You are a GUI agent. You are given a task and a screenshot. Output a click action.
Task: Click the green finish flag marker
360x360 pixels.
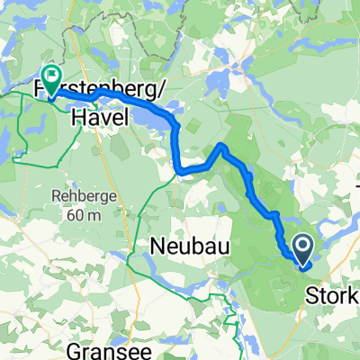coord(50,79)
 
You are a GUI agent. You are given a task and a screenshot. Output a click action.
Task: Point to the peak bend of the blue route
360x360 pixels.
coord(221,146)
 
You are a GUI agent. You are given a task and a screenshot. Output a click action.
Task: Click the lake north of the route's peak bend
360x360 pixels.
coord(219,86)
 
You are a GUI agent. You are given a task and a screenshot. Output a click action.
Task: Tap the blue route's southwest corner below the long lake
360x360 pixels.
coord(181,169)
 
